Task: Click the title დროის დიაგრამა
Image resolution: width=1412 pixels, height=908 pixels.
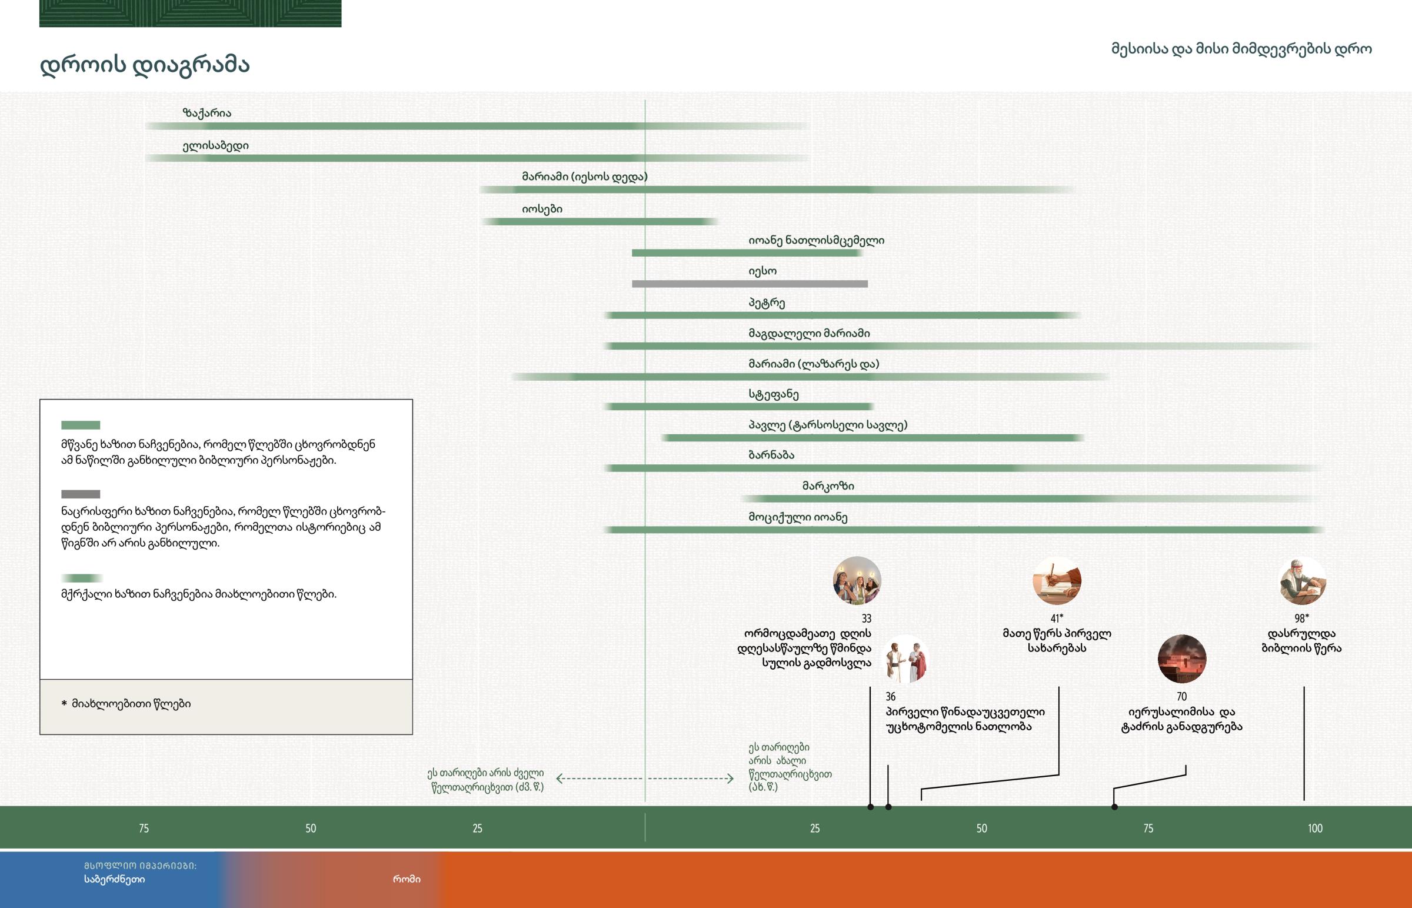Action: [x=144, y=65]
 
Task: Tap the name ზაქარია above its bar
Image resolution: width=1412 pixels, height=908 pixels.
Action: [x=207, y=113]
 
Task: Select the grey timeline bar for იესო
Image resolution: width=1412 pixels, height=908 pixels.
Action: [x=750, y=284]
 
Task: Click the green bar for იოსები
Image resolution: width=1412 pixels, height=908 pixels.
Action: [x=598, y=222]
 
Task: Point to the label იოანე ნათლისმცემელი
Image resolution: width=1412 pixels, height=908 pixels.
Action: [x=816, y=241]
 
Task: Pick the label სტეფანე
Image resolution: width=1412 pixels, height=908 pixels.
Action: [x=773, y=394]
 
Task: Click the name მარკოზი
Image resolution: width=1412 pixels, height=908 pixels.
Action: [x=828, y=487]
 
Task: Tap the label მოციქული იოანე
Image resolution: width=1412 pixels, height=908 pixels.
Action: [x=798, y=518]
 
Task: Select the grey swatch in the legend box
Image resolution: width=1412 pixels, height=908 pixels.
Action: [x=81, y=494]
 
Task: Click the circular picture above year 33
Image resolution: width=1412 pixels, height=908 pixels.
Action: [x=857, y=581]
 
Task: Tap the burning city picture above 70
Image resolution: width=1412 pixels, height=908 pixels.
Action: [x=1181, y=658]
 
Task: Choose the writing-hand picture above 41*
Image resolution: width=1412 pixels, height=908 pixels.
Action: [x=1057, y=581]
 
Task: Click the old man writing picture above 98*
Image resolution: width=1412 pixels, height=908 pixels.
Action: [x=1302, y=581]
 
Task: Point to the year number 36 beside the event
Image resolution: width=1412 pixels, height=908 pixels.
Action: [x=891, y=697]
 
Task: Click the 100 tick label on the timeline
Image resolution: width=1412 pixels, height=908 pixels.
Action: [x=1315, y=829]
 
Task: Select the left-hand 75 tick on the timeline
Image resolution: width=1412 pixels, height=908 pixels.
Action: [x=144, y=829]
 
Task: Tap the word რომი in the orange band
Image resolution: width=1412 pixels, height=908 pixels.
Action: [x=407, y=879]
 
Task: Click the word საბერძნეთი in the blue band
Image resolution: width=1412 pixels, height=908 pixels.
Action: [x=114, y=879]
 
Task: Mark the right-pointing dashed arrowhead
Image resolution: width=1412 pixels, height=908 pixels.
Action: [x=730, y=779]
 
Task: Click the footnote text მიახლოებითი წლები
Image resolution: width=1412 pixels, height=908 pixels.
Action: [x=131, y=704]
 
